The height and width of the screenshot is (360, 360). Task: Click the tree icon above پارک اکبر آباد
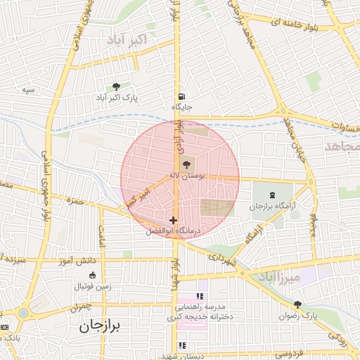tap(116, 86)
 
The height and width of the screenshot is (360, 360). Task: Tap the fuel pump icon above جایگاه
tap(182, 97)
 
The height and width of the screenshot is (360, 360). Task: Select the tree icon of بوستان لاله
tap(186, 164)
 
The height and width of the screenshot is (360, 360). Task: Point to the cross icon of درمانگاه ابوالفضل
tap(174, 220)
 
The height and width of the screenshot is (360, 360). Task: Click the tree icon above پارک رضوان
tap(297, 304)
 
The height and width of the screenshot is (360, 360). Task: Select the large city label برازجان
tap(100, 326)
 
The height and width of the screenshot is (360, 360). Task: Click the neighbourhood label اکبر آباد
tap(127, 40)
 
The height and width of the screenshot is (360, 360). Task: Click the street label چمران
tap(81, 308)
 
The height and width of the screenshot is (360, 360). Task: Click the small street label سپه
tap(28, 90)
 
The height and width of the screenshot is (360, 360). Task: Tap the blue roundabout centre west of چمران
tap(23, 312)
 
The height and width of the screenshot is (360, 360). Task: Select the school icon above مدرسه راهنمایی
tap(200, 297)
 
